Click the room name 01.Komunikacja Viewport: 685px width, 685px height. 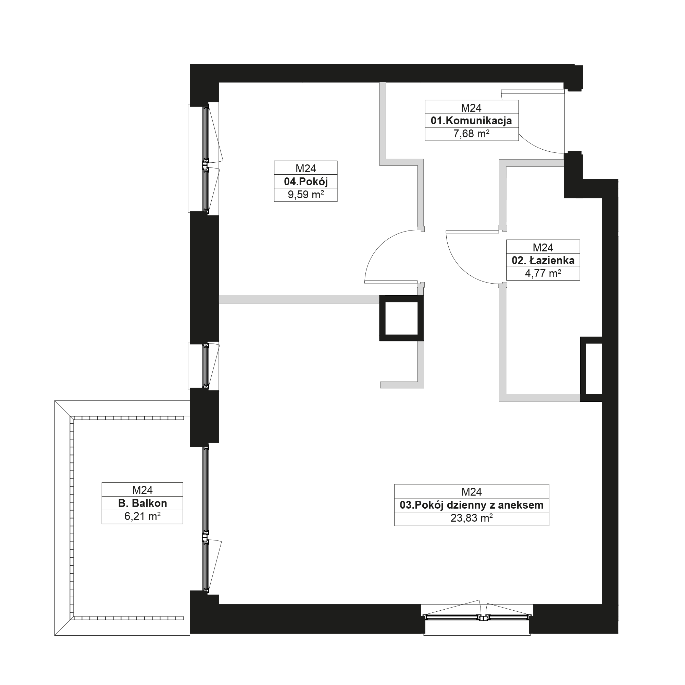(x=471, y=121)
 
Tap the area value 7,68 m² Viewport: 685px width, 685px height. (x=471, y=134)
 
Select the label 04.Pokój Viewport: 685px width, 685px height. (x=306, y=182)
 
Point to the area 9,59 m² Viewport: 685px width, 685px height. (x=306, y=195)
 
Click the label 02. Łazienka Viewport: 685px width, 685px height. (x=543, y=261)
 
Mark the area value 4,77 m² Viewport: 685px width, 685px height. (x=543, y=274)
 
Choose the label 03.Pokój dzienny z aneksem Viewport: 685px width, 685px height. (x=472, y=505)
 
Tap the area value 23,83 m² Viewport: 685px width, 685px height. (x=472, y=518)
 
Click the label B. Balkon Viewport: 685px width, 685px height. (x=142, y=503)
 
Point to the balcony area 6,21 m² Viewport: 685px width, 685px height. (x=142, y=516)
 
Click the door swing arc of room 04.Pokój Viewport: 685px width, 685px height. (x=380, y=245)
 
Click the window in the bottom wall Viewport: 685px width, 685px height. (x=477, y=617)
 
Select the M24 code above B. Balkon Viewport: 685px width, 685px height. (x=142, y=490)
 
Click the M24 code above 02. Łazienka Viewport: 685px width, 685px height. (x=543, y=248)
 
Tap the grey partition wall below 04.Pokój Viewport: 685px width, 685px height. (x=299, y=299)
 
